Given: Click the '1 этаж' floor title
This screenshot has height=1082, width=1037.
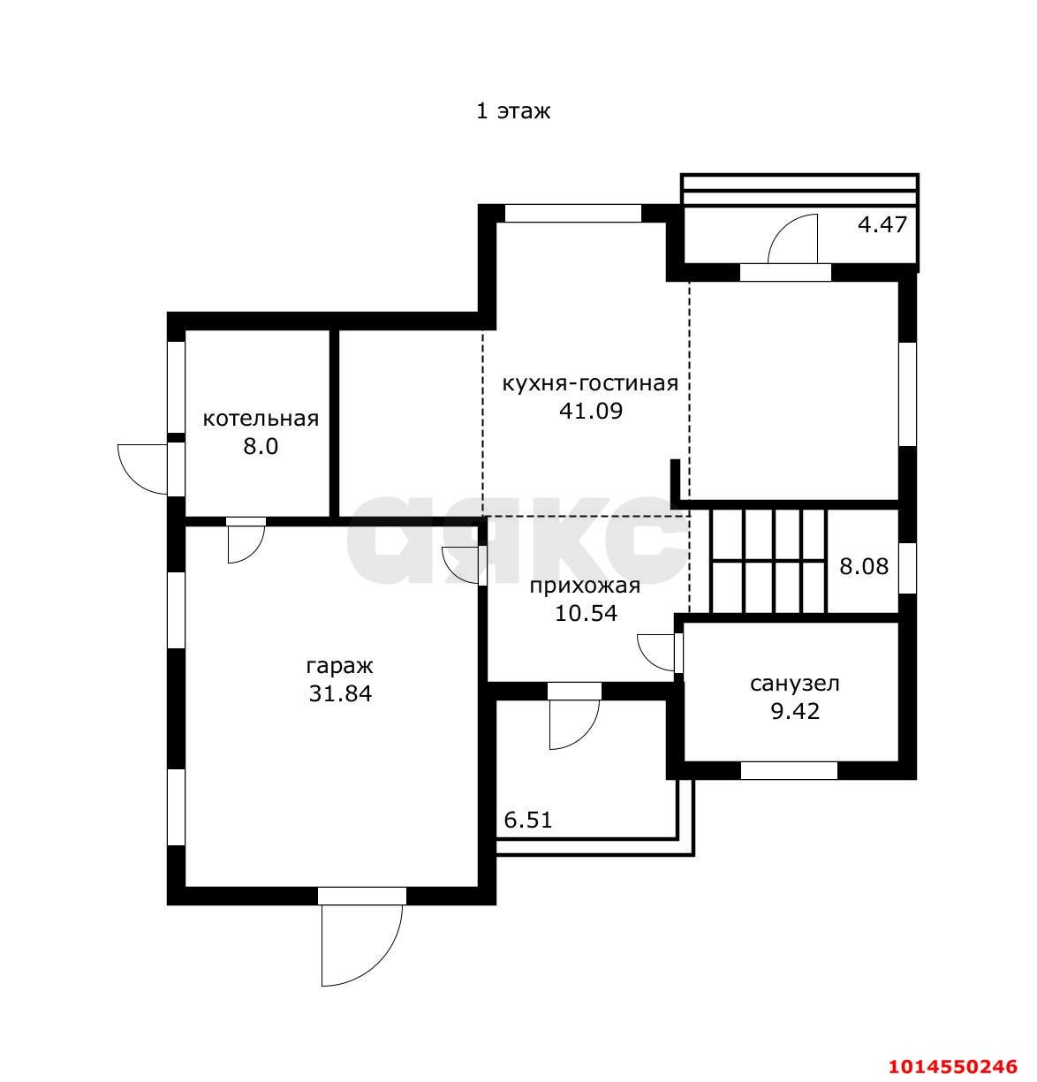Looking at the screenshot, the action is (x=512, y=111).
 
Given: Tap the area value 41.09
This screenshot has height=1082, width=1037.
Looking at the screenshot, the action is (x=590, y=411).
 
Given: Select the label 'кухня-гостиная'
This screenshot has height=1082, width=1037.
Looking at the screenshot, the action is (x=590, y=383).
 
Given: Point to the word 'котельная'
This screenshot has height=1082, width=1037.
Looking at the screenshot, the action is (x=261, y=419).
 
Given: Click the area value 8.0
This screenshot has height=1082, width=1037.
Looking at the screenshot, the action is (x=261, y=446).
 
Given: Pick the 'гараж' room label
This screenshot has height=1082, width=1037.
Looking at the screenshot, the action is (x=339, y=666).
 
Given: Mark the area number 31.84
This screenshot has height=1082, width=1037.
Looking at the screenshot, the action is (x=340, y=693).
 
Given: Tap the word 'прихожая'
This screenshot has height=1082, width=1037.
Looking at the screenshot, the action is (x=585, y=586).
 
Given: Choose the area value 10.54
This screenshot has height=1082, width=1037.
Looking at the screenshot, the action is (x=586, y=613).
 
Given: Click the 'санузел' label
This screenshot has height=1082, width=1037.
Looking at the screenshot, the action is (x=795, y=684).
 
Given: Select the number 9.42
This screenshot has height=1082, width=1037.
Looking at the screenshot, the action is (x=795, y=711).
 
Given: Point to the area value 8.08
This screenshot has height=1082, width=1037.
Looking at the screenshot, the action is (x=864, y=566).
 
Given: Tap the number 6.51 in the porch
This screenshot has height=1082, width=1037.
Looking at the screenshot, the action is (x=527, y=820).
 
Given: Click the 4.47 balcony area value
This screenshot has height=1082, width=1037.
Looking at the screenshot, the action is (x=882, y=224).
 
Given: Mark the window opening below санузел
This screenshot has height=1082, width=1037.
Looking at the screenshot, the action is (x=789, y=770).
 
